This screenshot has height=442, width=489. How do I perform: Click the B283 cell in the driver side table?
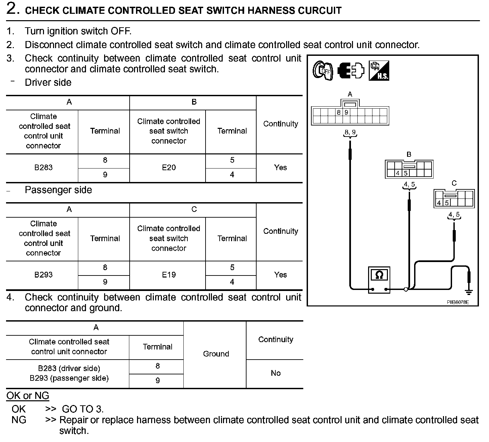[43, 168]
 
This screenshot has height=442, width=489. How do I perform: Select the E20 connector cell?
[169, 168]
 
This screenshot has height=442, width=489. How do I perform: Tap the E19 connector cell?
[169, 275]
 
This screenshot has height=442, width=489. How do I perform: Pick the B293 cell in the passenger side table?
[43, 275]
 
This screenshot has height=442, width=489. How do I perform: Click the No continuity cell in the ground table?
[275, 373]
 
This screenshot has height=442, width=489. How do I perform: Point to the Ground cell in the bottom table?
[216, 354]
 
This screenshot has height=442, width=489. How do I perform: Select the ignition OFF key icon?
[322, 71]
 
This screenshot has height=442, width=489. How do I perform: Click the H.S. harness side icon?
[379, 71]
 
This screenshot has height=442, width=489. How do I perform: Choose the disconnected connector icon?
[351, 71]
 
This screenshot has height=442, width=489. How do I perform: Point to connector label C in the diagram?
[454, 183]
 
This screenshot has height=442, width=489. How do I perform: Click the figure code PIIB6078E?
[457, 302]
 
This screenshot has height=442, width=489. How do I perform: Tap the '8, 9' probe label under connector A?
[350, 133]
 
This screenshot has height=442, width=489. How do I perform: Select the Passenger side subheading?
[58, 190]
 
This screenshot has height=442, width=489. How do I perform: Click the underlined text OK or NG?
[28, 396]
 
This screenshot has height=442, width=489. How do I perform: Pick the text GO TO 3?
[83, 409]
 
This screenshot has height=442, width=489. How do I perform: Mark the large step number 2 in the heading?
[13, 9]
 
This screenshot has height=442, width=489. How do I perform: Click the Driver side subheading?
[48, 83]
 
